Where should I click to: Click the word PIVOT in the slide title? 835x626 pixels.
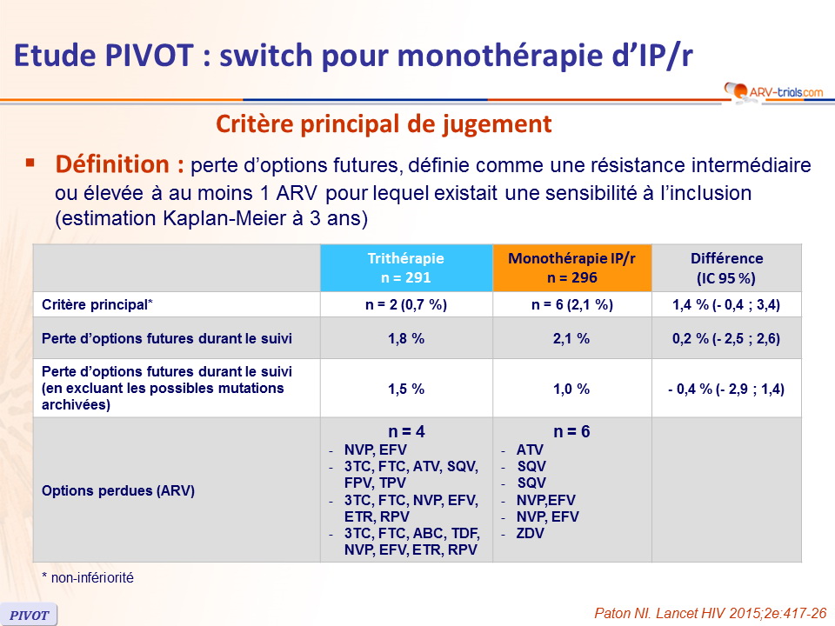149,56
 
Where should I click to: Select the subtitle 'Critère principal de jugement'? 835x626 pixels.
384,124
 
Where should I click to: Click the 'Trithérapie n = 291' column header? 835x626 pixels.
406,268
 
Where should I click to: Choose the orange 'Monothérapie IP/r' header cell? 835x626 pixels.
572,268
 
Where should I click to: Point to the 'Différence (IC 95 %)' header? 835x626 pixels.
727,268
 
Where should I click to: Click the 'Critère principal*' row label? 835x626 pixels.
97,304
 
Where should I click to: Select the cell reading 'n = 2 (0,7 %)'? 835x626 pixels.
406,304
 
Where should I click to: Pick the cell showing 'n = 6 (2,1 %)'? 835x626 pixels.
572,304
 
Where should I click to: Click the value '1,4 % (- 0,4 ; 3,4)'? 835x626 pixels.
726,304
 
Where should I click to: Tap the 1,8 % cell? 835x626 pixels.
406,338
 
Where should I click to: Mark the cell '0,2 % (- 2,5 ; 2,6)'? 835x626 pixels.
726,338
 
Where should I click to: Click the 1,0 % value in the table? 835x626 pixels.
571,390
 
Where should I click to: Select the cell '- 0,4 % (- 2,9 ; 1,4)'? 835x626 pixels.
726,390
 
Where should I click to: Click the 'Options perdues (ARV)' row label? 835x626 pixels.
118,490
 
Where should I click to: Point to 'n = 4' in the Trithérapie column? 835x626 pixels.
406,431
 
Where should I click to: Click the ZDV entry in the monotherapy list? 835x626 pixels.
531,533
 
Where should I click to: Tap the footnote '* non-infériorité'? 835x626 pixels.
88,577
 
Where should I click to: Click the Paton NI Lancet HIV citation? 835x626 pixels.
711,613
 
